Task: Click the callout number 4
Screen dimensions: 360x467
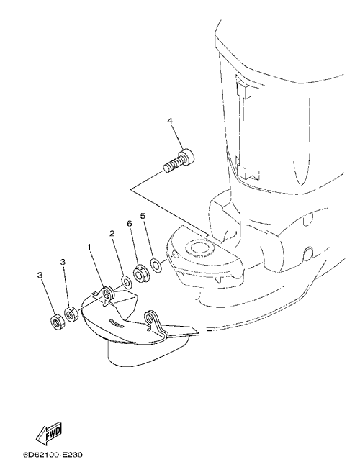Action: (x=170, y=121)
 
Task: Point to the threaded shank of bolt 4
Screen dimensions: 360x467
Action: (x=172, y=166)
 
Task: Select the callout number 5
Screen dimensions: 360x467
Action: (x=143, y=216)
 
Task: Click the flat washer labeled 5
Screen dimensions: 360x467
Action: (x=156, y=265)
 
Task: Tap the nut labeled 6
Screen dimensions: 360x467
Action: (x=139, y=273)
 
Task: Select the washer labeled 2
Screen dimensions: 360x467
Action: (x=126, y=282)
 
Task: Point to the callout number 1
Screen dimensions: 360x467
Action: (x=89, y=247)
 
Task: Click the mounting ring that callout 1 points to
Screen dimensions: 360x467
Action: (x=107, y=294)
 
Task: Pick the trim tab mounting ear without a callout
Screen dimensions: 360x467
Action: (x=151, y=319)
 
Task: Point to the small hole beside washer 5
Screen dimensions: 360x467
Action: (x=175, y=255)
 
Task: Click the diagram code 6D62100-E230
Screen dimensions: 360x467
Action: (x=53, y=455)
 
